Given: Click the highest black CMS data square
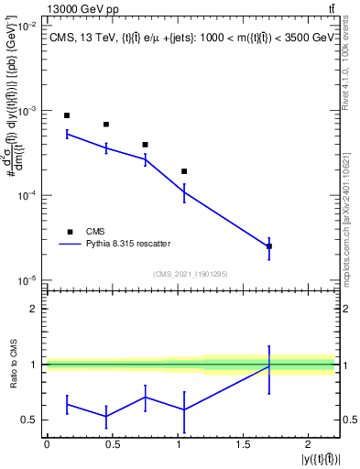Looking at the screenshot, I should point(67,115).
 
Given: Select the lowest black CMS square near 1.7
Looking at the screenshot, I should point(269,246).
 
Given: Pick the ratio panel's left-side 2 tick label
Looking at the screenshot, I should point(35,309).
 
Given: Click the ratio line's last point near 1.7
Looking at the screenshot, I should point(269,366).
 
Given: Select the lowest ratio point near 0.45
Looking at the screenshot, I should point(106,417).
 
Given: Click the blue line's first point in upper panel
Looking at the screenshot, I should point(67,134).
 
